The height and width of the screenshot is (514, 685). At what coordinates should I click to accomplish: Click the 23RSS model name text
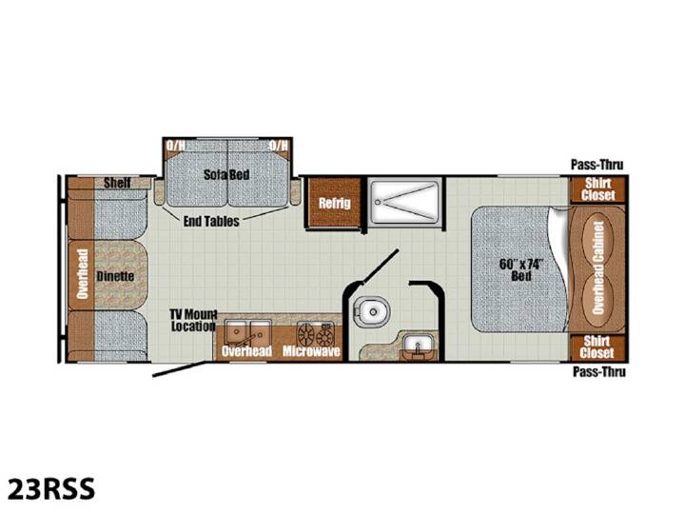(x=51, y=488)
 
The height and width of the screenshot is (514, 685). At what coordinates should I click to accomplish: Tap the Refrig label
(x=334, y=203)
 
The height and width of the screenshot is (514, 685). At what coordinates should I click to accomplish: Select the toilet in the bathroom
(x=371, y=311)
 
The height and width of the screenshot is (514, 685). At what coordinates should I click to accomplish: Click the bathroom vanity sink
(x=418, y=346)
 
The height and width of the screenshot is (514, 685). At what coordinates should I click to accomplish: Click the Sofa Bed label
(x=226, y=175)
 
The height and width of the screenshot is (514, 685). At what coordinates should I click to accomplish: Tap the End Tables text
(x=211, y=221)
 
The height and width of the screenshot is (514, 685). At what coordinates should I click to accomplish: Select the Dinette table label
(x=115, y=276)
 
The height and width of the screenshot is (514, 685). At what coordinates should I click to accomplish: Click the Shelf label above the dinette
(x=117, y=183)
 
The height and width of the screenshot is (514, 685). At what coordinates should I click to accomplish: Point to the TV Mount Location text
(x=193, y=320)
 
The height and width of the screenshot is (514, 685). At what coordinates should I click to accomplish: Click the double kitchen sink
(x=247, y=332)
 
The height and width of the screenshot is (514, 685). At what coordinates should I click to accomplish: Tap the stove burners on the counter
(x=316, y=334)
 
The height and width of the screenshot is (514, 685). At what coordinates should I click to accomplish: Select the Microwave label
(x=311, y=351)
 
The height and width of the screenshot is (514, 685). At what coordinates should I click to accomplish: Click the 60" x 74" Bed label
(x=521, y=270)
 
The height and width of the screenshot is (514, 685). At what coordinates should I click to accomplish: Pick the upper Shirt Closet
(x=597, y=189)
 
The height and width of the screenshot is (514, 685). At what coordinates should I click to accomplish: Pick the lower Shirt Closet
(x=597, y=347)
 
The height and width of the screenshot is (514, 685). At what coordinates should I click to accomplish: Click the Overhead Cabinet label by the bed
(x=597, y=267)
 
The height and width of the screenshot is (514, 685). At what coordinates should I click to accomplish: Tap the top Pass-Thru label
(x=597, y=165)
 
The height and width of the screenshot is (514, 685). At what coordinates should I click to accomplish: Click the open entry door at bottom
(x=180, y=369)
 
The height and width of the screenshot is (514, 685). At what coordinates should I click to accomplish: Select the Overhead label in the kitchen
(x=246, y=351)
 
